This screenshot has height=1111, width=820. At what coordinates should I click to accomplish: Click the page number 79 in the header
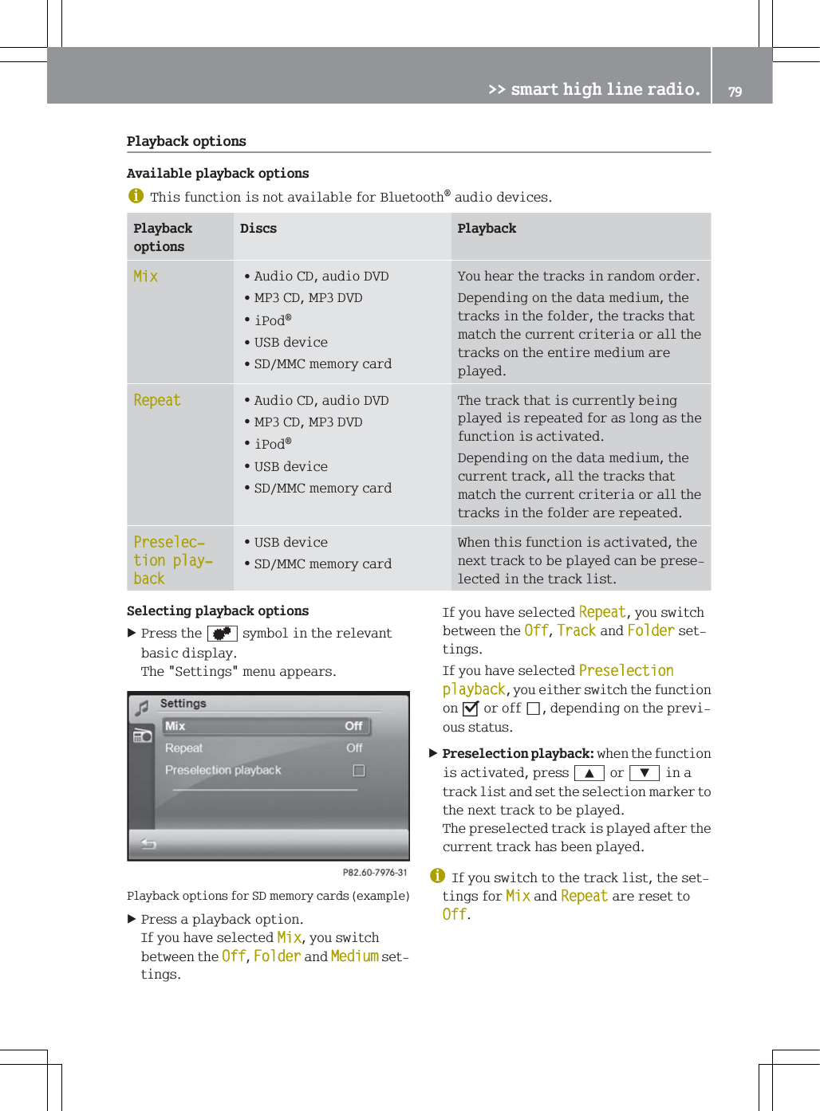point(735,92)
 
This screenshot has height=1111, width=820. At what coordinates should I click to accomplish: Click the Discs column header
point(258,229)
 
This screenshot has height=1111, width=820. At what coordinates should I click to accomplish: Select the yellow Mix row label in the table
point(146,277)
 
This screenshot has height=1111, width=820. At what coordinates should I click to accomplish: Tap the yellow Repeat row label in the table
point(157,400)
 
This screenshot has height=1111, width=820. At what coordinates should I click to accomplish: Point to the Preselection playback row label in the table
point(172,560)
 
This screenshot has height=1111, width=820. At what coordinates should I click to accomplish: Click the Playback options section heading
point(186,141)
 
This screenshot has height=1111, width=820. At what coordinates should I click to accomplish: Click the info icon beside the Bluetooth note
point(136,196)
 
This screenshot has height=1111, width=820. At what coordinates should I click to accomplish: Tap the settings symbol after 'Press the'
point(222,634)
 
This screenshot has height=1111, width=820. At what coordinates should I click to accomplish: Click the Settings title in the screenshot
point(183,704)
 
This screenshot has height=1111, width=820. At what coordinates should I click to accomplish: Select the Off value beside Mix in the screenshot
point(353,726)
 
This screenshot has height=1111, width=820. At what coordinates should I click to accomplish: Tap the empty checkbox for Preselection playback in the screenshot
point(359,771)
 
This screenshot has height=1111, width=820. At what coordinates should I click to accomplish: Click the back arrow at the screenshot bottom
point(148,843)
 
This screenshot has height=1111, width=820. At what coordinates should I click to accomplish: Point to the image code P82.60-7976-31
point(375,873)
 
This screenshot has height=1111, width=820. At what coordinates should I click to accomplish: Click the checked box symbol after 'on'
point(471,709)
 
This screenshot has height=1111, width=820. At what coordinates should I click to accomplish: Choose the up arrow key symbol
point(589,773)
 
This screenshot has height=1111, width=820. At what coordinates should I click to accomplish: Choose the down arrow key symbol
point(644,773)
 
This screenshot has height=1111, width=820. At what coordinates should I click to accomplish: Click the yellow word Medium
point(354,956)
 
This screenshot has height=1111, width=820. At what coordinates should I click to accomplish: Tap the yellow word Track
point(576,631)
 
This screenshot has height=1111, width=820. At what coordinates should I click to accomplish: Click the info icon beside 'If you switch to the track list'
point(438,876)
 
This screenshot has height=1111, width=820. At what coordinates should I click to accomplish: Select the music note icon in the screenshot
point(143,707)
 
